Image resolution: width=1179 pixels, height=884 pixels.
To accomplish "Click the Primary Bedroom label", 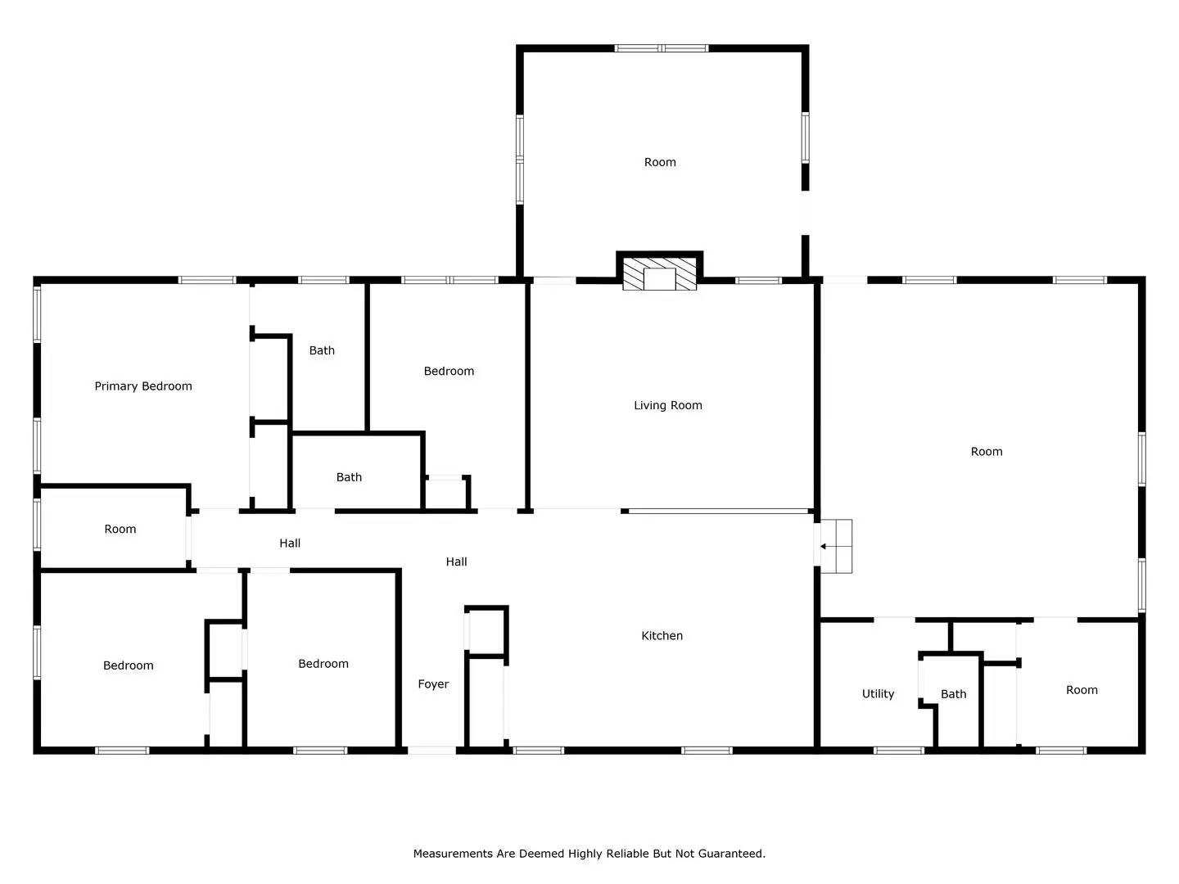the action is [143, 386].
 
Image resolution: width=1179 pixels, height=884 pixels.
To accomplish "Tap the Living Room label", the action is [667, 405].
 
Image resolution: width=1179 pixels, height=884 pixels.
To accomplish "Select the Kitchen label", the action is [662, 635].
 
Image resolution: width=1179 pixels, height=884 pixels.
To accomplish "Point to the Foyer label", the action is [433, 683].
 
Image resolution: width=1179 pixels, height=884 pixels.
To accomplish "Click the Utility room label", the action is [878, 693].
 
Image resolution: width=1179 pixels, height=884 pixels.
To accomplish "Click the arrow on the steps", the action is [829, 547].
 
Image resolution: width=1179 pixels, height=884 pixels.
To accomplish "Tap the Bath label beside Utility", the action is [953, 694].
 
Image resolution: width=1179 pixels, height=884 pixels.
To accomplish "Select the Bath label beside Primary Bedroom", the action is [322, 350].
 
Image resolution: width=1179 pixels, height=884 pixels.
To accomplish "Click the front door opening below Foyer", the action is [431, 751].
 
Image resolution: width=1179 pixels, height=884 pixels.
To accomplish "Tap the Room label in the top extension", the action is [660, 162].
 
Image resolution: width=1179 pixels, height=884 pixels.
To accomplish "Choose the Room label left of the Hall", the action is [120, 529].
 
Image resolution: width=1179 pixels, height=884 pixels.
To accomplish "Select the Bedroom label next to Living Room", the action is [449, 371].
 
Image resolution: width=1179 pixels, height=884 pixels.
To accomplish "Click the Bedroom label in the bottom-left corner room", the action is [128, 665].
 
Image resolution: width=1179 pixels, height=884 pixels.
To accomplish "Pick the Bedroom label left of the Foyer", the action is [323, 663].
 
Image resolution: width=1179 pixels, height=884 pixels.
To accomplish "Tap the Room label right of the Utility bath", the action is [1082, 690].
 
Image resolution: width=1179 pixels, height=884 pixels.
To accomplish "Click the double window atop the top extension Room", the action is [662, 48].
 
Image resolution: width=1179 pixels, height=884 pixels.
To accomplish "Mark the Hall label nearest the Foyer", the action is [456, 562].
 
